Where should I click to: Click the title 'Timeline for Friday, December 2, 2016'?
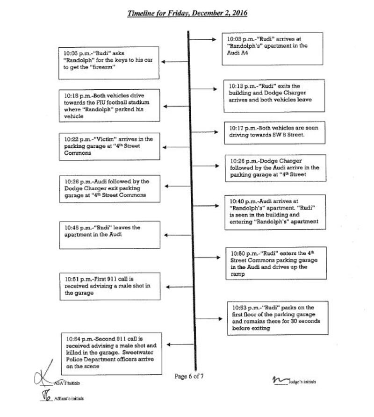point(187,13)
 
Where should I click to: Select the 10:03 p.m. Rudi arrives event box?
point(273,49)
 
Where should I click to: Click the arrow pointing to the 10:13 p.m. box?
point(204,89)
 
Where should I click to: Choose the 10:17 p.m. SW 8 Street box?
point(274,133)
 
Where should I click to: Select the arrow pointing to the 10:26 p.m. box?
point(206,166)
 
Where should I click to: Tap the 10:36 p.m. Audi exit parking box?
point(109,189)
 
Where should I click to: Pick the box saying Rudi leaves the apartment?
point(109,235)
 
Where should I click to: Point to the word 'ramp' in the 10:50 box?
point(237,274)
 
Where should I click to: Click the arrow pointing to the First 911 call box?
point(179,287)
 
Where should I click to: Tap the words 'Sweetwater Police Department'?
point(110,356)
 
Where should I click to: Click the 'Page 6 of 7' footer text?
point(189,376)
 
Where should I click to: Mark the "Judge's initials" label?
point(302,382)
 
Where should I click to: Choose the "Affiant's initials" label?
point(69,398)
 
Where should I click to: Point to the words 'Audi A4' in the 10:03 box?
point(237,53)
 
